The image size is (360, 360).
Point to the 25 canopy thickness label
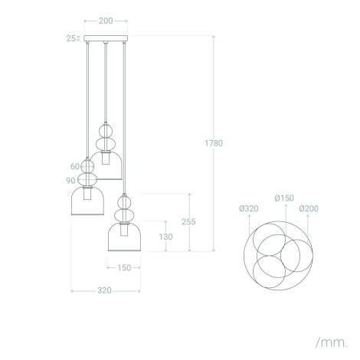pyautogui.click(x=70, y=38)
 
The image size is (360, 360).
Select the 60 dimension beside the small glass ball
pyautogui.click(x=75, y=165)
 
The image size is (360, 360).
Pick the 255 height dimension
pyautogui.click(x=188, y=222)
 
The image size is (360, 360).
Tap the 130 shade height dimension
pyautogui.click(x=166, y=237)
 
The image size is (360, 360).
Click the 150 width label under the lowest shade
pyautogui.click(x=124, y=268)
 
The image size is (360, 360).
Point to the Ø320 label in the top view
pyautogui.click(x=248, y=208)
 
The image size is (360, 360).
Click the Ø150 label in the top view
pyautogui.click(x=286, y=198)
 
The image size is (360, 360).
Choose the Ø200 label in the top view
pyautogui.click(x=309, y=208)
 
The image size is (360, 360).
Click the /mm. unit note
pyautogui.click(x=329, y=339)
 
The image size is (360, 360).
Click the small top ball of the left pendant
pyautogui.click(x=87, y=165)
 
